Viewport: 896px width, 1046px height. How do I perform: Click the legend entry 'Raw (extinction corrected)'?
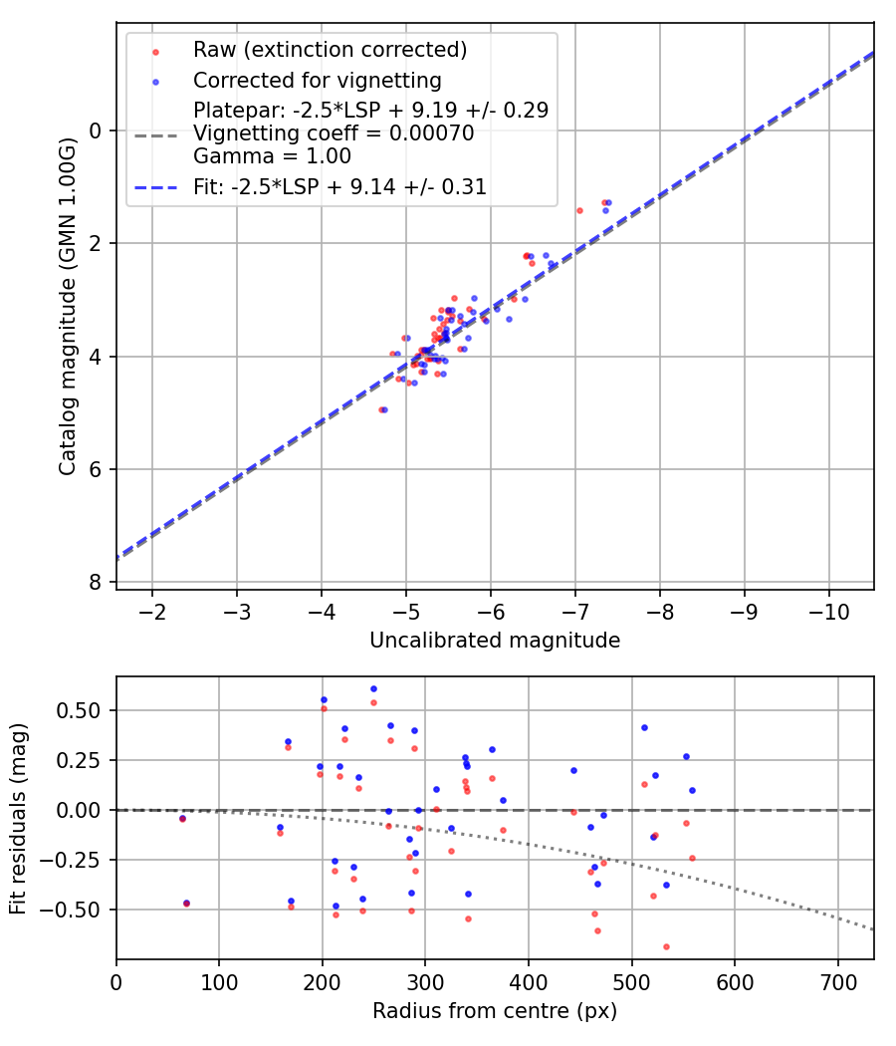330,50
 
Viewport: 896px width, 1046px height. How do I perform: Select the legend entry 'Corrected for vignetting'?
318,80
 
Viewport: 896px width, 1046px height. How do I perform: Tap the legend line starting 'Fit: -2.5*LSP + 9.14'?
339,186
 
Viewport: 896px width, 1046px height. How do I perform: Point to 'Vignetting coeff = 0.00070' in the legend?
334,132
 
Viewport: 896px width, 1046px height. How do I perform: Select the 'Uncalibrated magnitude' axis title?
495,641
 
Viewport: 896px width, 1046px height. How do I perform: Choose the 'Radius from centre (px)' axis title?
495,1011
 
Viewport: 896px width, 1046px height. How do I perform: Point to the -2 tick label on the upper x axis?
152,610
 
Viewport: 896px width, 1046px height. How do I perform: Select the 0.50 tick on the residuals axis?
82,710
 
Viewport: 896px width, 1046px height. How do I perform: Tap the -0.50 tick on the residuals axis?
79,910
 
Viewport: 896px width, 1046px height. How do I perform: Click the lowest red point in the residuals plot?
666,946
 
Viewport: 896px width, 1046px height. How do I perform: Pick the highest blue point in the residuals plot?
373,688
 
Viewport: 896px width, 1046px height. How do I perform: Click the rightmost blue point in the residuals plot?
692,790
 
